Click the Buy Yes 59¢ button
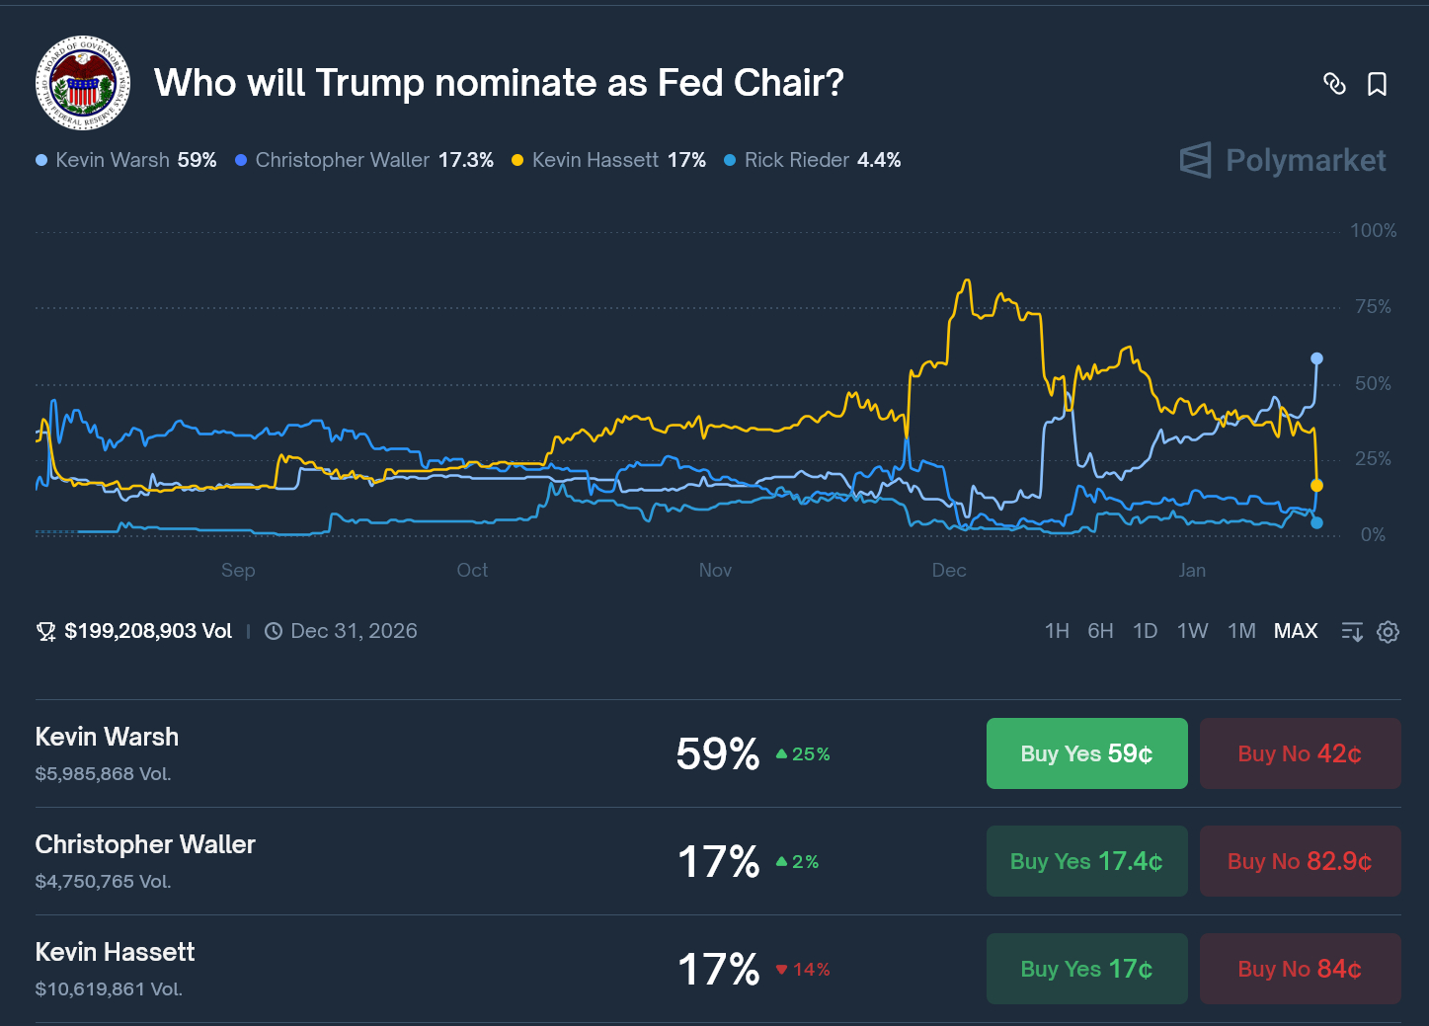(1086, 753)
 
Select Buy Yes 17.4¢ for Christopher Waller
(1086, 861)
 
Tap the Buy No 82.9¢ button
(1300, 861)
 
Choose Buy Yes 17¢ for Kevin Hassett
(1086, 969)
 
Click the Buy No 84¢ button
(1300, 969)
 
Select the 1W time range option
(1192, 631)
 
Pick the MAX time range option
(1295, 631)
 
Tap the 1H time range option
(1057, 631)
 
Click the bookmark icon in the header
(1377, 84)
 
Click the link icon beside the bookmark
(1334, 84)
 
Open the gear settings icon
(1388, 632)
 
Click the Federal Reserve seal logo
(83, 84)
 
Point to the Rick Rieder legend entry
(812, 160)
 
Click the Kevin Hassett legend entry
(608, 160)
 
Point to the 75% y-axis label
(1373, 307)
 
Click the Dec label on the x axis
(949, 570)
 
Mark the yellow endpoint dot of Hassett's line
(1316, 486)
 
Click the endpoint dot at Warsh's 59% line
(1316, 358)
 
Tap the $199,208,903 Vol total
(147, 631)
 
